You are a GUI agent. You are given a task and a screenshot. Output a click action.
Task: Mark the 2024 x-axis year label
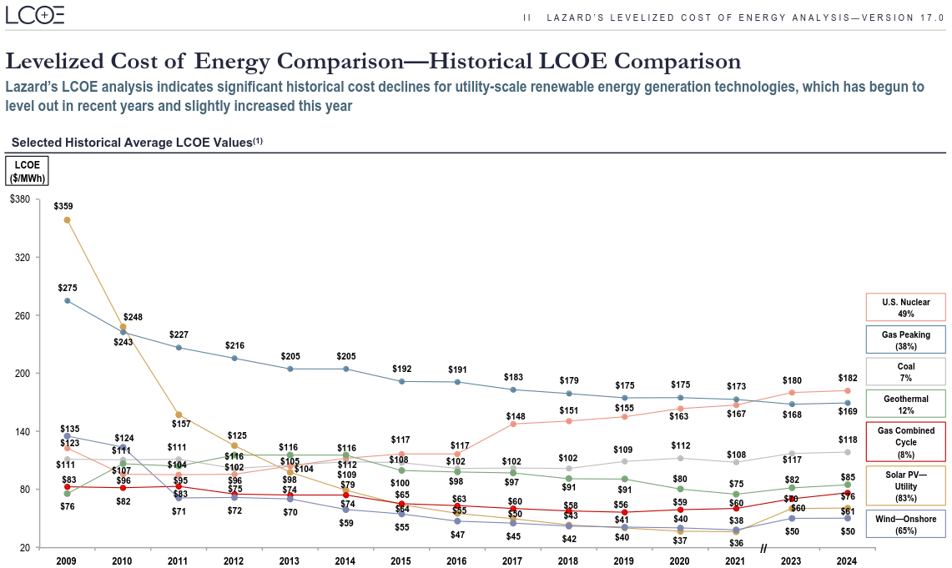click(847, 560)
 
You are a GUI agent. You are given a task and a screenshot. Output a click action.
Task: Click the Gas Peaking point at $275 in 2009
click(67, 300)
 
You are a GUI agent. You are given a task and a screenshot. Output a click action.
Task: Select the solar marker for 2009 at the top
click(67, 220)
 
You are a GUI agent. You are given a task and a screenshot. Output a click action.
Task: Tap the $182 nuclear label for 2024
click(847, 378)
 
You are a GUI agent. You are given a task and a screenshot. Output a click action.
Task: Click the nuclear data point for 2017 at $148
click(513, 424)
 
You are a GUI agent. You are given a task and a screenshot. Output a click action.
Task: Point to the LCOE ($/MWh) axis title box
click(28, 171)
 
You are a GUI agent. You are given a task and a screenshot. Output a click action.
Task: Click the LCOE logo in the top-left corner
click(35, 15)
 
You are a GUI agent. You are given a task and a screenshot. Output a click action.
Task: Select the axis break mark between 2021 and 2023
click(763, 548)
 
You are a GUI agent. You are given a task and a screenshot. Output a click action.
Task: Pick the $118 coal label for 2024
click(847, 440)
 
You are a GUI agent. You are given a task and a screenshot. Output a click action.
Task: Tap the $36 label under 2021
click(736, 543)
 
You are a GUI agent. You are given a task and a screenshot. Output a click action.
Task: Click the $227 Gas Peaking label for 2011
click(179, 334)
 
